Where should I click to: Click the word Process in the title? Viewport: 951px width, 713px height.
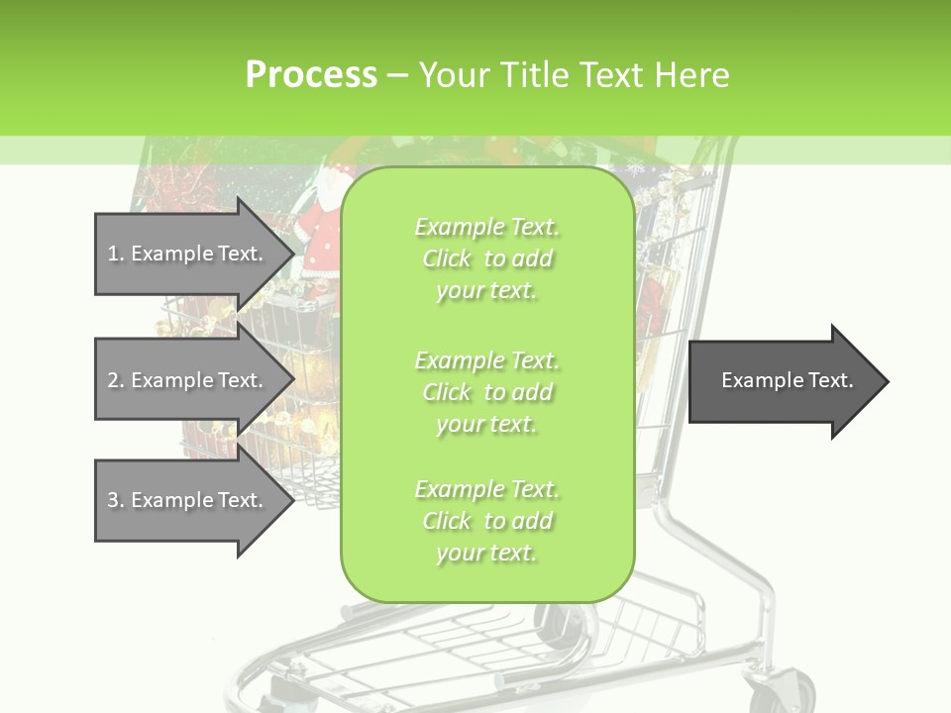click(311, 75)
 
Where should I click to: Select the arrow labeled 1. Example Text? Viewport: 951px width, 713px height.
click(188, 254)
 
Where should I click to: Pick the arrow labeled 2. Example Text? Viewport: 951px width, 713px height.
click(188, 380)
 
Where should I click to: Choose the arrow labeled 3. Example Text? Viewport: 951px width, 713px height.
click(188, 500)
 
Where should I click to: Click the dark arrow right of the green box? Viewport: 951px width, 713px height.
click(783, 381)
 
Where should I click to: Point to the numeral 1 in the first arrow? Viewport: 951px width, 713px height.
click(113, 254)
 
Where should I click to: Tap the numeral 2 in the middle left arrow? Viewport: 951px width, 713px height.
click(113, 380)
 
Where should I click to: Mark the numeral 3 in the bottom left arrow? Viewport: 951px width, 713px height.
click(113, 500)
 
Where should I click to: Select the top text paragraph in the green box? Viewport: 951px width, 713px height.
click(486, 258)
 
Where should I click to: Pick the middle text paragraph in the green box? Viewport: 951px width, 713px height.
click(486, 391)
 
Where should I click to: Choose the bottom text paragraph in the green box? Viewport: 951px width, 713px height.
click(486, 521)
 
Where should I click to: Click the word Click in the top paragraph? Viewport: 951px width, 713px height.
click(447, 258)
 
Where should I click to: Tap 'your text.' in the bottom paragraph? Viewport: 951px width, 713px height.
click(486, 553)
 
